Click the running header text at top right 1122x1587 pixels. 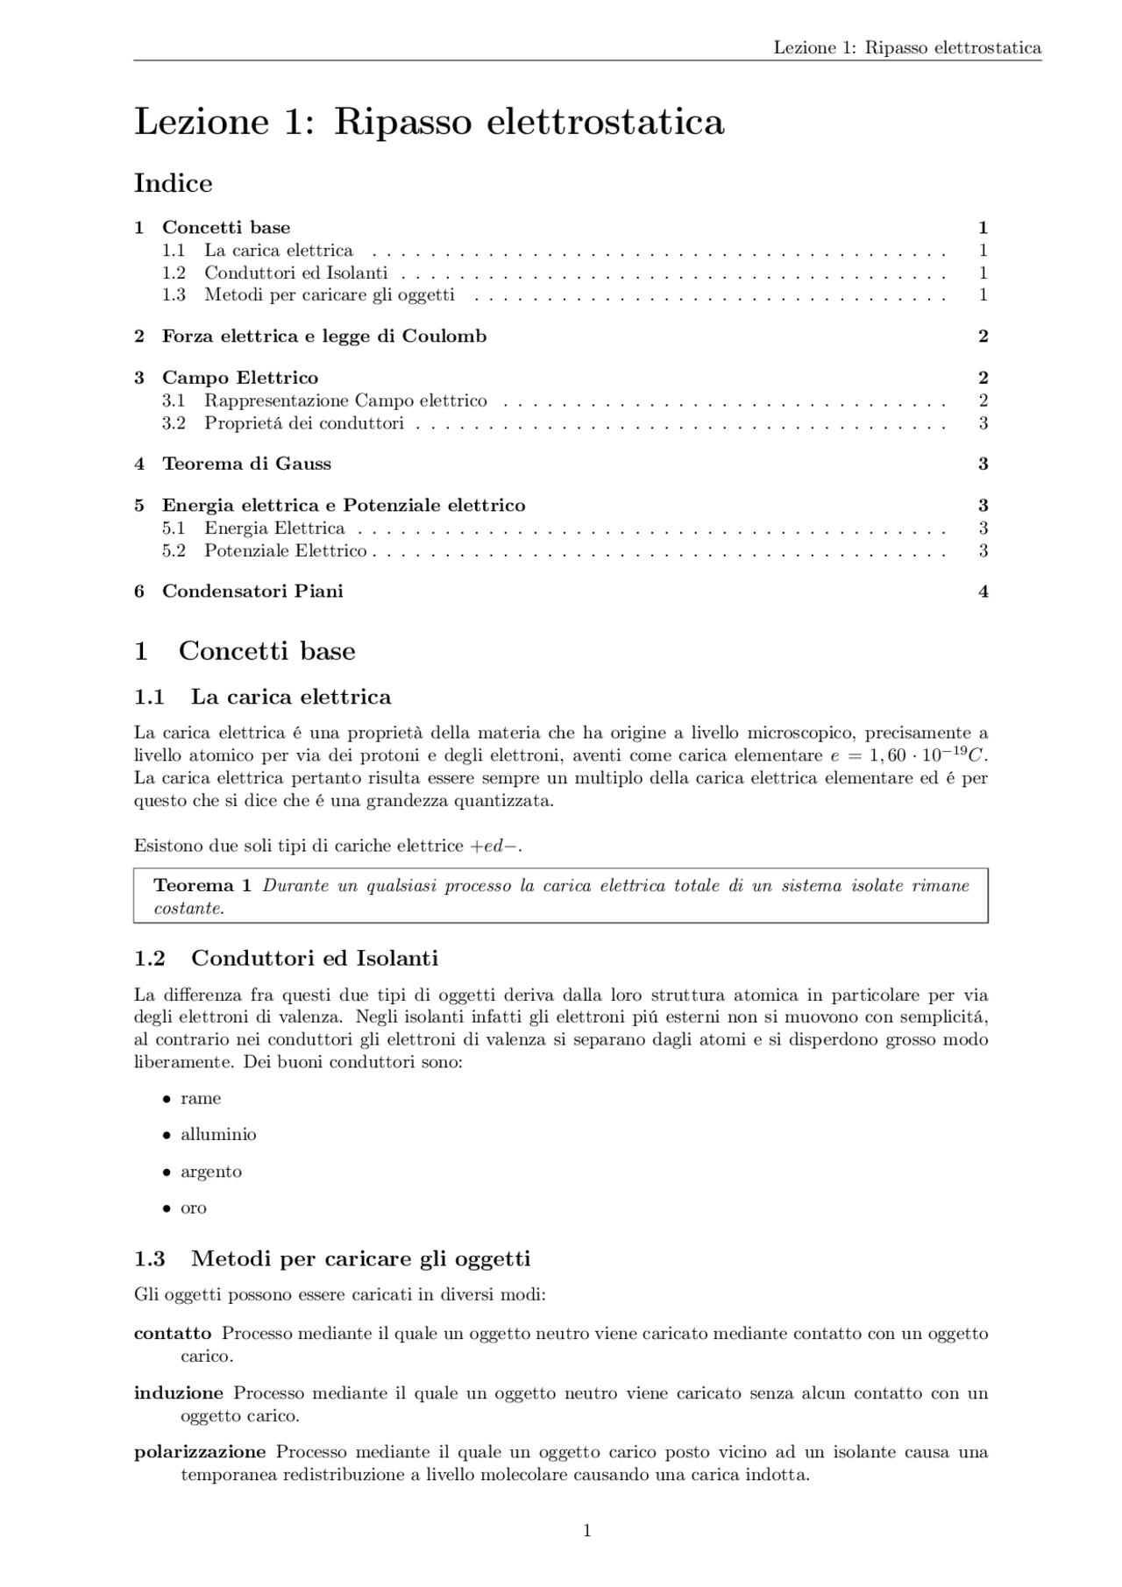tap(906, 47)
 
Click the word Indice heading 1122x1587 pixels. tap(173, 183)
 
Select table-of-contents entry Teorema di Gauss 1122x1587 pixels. tap(246, 464)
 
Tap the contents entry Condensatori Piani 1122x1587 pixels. tap(252, 592)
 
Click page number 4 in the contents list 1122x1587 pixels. tap(983, 592)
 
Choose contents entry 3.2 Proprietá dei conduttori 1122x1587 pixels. tap(303, 423)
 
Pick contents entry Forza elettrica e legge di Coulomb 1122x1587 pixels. tap(323, 337)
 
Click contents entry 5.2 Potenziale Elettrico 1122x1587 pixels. tap(285, 551)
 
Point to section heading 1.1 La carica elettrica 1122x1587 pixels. tap(262, 697)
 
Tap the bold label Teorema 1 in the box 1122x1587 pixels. tap(202, 885)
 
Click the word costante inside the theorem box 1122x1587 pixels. tap(188, 909)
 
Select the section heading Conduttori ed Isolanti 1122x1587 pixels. tap(314, 958)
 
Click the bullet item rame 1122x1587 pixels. tap(201, 1099)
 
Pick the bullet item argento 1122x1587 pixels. tap(210, 1172)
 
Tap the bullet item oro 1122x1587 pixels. tap(194, 1208)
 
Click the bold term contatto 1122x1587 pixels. tap(173, 1334)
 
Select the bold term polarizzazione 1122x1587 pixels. tap(199, 1452)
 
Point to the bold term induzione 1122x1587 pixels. tap(178, 1393)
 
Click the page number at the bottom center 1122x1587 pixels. tap(586, 1531)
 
